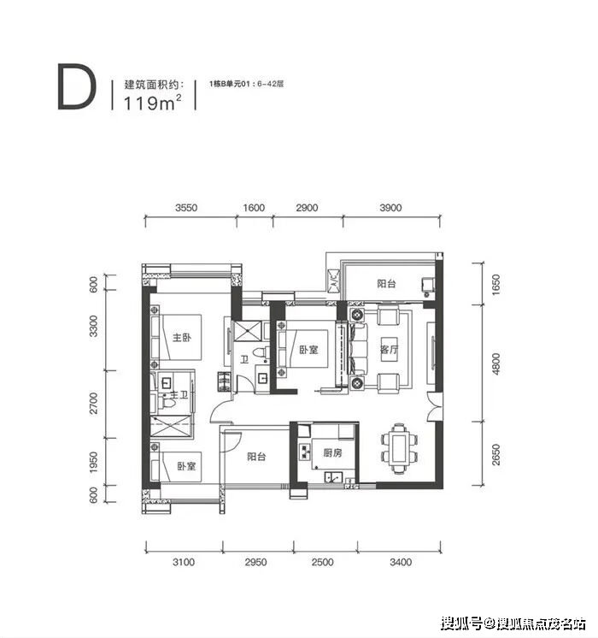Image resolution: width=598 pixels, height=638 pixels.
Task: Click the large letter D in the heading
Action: click(77, 86)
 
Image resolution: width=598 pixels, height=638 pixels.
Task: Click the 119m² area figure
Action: click(152, 102)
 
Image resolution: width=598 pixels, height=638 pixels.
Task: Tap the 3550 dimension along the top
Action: click(186, 208)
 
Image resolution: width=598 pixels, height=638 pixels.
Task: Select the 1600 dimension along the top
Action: click(254, 208)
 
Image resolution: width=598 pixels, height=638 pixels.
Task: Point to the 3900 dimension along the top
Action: click(390, 208)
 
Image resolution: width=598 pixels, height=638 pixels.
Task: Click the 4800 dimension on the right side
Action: click(496, 363)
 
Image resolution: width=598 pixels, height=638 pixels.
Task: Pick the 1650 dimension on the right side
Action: click(496, 285)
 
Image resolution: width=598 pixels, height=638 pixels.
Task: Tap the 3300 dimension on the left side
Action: click(93, 326)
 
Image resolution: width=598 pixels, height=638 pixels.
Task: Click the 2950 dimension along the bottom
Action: click(255, 562)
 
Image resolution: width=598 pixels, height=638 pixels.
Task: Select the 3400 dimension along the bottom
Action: click(401, 562)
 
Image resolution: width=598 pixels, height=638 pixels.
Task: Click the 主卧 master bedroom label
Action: click(182, 337)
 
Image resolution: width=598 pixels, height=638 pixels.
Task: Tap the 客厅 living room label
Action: click(389, 350)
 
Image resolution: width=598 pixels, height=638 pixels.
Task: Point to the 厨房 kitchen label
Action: click(332, 452)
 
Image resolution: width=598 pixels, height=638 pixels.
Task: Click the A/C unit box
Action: click(333, 281)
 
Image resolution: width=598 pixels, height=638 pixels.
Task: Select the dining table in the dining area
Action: click(399, 448)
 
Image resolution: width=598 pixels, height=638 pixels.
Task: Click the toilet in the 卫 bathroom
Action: click(259, 352)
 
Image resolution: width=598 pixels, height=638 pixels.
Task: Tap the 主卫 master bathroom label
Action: click(179, 394)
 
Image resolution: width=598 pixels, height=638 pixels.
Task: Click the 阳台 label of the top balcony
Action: click(386, 284)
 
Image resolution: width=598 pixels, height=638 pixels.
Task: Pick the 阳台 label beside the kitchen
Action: click(256, 457)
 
